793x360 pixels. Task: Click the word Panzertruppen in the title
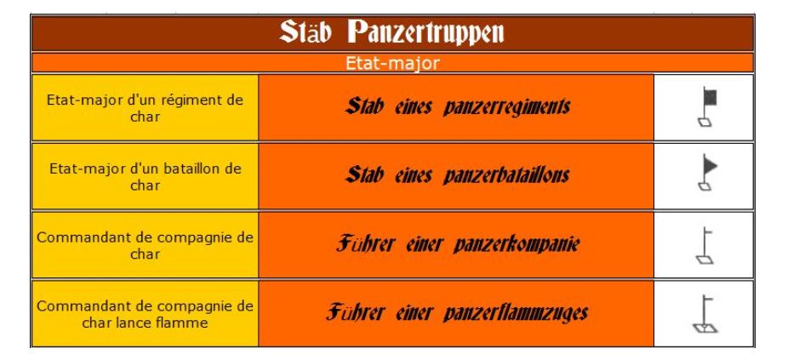point(425,33)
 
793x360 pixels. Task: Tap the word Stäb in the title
point(305,31)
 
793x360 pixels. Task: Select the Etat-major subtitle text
point(392,64)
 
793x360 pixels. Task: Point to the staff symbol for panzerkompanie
point(705,246)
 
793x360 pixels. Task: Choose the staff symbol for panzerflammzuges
point(705,314)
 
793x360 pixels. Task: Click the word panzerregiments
point(507,107)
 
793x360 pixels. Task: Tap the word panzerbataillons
point(506,175)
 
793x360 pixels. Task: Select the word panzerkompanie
point(516,245)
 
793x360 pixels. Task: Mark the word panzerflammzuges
point(516,313)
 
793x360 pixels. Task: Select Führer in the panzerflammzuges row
point(355,312)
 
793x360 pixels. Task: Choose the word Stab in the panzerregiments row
point(364,106)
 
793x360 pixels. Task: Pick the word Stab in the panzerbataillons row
point(364,174)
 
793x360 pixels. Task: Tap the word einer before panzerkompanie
point(425,245)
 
